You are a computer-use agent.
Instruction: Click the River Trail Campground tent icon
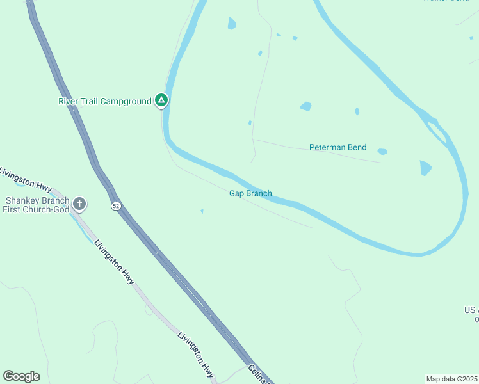pos(161,100)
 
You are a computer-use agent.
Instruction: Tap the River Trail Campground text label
pos(105,101)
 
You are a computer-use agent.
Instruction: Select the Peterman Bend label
pos(337,147)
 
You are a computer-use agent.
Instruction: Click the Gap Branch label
pos(250,193)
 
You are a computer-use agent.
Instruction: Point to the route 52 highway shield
pos(115,205)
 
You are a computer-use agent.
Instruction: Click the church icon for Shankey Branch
pos(79,204)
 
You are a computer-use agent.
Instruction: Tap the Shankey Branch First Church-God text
pos(37,205)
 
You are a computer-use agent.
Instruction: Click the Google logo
pos(21,376)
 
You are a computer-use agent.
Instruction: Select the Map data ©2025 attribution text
pos(451,379)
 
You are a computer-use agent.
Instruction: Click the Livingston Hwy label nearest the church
pos(26,179)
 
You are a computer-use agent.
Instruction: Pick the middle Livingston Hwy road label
pos(114,262)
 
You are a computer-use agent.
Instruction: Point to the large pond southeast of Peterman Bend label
pos(426,168)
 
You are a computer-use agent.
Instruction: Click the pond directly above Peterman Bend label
pos(305,106)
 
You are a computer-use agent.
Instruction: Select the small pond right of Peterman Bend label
pos(382,152)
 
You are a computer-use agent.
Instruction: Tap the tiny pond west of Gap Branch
pos(202,211)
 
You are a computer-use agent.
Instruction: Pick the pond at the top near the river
pos(232,24)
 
